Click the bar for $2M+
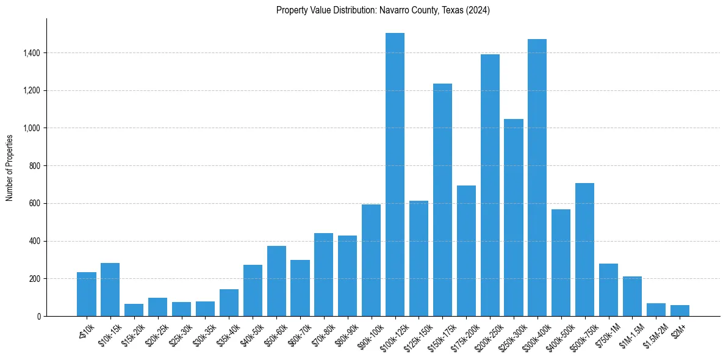pyautogui.click(x=680, y=311)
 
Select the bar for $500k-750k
pyautogui.click(x=584, y=250)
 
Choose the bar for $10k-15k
pyautogui.click(x=110, y=289)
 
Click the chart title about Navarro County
pyautogui.click(x=383, y=10)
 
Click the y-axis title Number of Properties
pyautogui.click(x=10, y=167)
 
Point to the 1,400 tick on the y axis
pyautogui.click(x=31, y=53)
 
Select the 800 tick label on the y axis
pyautogui.click(x=34, y=166)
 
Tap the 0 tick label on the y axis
pyautogui.click(x=39, y=316)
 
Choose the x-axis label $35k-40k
pyautogui.click(x=228, y=333)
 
